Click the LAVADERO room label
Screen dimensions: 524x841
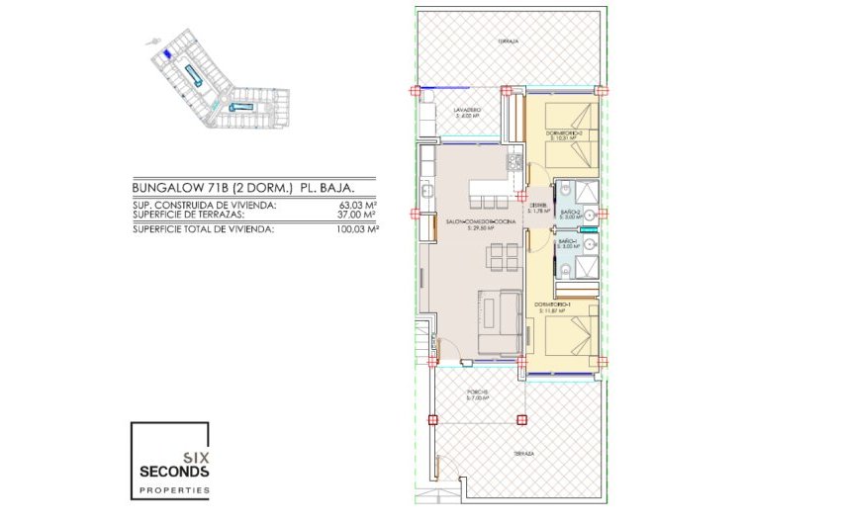click(x=467, y=111)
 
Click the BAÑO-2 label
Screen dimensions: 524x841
click(x=567, y=212)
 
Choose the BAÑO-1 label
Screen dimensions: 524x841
click(x=567, y=240)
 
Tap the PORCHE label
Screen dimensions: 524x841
click(x=478, y=393)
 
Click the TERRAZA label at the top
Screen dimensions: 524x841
click(x=509, y=41)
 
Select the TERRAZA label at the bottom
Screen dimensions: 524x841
click(x=523, y=453)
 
